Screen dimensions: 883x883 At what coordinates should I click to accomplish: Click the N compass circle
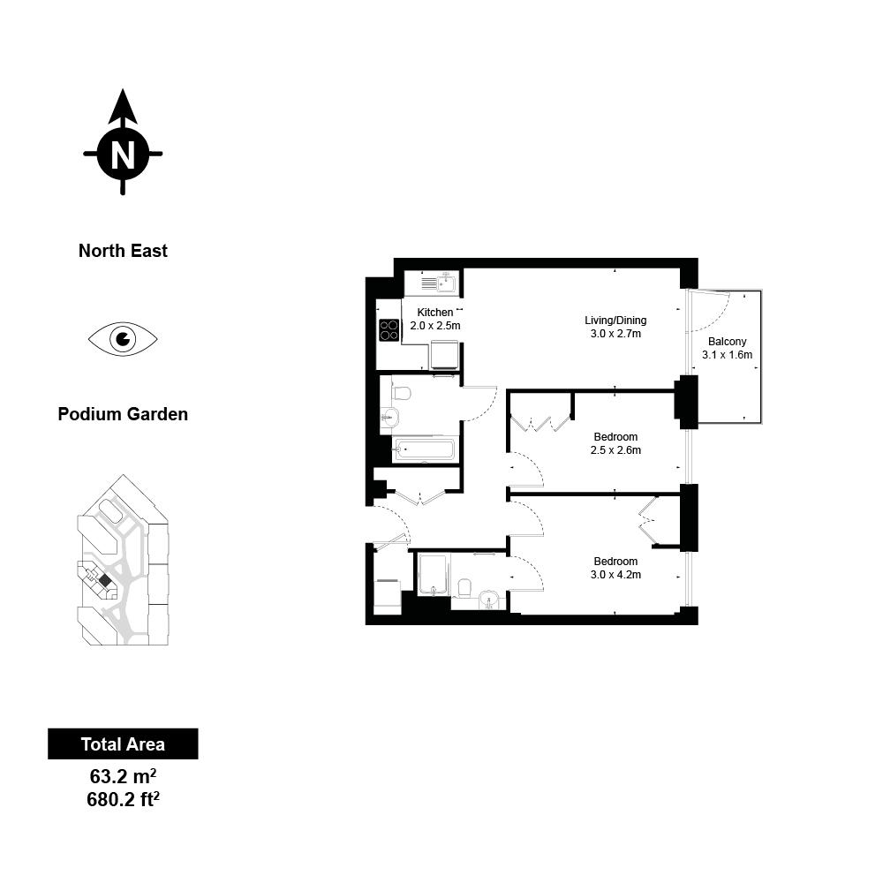pyautogui.click(x=123, y=153)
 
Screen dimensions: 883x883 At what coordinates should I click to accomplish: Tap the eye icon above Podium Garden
pyautogui.click(x=123, y=339)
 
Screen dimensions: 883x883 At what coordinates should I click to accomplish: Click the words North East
pyautogui.click(x=123, y=251)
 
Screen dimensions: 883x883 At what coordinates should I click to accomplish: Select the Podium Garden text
pyautogui.click(x=123, y=414)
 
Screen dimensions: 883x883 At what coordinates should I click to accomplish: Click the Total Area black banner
pyautogui.click(x=123, y=743)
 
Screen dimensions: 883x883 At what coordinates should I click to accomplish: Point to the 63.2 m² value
pyautogui.click(x=123, y=776)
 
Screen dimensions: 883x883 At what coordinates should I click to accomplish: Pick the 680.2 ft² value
pyautogui.click(x=123, y=799)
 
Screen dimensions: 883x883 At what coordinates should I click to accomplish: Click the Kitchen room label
pyautogui.click(x=434, y=312)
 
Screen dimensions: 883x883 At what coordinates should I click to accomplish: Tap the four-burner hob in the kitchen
pyautogui.click(x=389, y=330)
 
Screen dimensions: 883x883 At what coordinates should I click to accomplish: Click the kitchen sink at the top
pyautogui.click(x=440, y=283)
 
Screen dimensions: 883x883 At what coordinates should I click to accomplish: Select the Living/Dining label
pyautogui.click(x=615, y=321)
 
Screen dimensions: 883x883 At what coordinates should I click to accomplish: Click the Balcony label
pyautogui.click(x=727, y=341)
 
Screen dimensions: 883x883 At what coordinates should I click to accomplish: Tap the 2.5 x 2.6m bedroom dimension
pyautogui.click(x=615, y=450)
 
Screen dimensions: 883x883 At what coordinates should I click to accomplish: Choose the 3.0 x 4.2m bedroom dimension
pyautogui.click(x=615, y=575)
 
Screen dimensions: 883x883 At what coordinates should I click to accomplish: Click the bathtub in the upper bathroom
pyautogui.click(x=424, y=450)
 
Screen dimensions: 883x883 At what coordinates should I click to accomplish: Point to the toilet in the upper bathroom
pyautogui.click(x=400, y=393)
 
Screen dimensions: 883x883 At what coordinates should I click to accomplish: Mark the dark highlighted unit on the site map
pyautogui.click(x=104, y=579)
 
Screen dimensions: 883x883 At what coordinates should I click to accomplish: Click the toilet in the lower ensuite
pyautogui.click(x=464, y=588)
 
